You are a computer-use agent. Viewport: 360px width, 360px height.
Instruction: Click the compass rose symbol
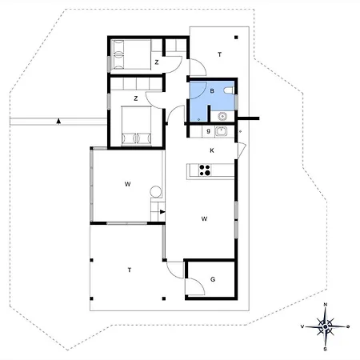click(326, 326)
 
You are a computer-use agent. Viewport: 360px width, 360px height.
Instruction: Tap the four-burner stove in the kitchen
click(205, 170)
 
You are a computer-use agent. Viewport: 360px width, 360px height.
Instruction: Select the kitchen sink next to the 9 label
click(221, 131)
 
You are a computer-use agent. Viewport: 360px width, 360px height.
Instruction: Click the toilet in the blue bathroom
click(229, 90)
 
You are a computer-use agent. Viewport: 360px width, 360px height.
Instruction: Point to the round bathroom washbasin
click(222, 116)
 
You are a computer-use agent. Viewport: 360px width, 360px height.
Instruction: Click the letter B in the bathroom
click(212, 91)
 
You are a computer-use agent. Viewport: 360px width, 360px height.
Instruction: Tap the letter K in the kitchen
click(212, 150)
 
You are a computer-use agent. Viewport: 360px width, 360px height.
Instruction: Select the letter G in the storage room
click(213, 279)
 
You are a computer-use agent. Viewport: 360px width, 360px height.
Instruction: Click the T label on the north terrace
click(220, 54)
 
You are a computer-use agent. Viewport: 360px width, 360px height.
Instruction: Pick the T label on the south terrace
click(130, 270)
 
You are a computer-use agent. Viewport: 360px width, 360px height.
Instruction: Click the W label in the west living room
click(127, 184)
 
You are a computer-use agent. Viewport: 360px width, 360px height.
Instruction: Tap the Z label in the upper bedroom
click(157, 62)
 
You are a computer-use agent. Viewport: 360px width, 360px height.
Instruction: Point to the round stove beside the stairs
click(155, 192)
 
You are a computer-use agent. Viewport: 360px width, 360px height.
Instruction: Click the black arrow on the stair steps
click(162, 212)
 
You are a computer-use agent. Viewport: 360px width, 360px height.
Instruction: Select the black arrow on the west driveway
click(58, 122)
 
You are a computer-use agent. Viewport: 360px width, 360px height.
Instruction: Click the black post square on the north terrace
click(236, 38)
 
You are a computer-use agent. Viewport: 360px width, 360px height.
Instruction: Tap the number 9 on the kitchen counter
click(208, 131)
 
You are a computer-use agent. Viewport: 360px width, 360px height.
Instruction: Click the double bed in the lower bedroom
click(136, 126)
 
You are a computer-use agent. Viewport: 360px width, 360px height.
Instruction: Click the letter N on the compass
click(326, 305)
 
